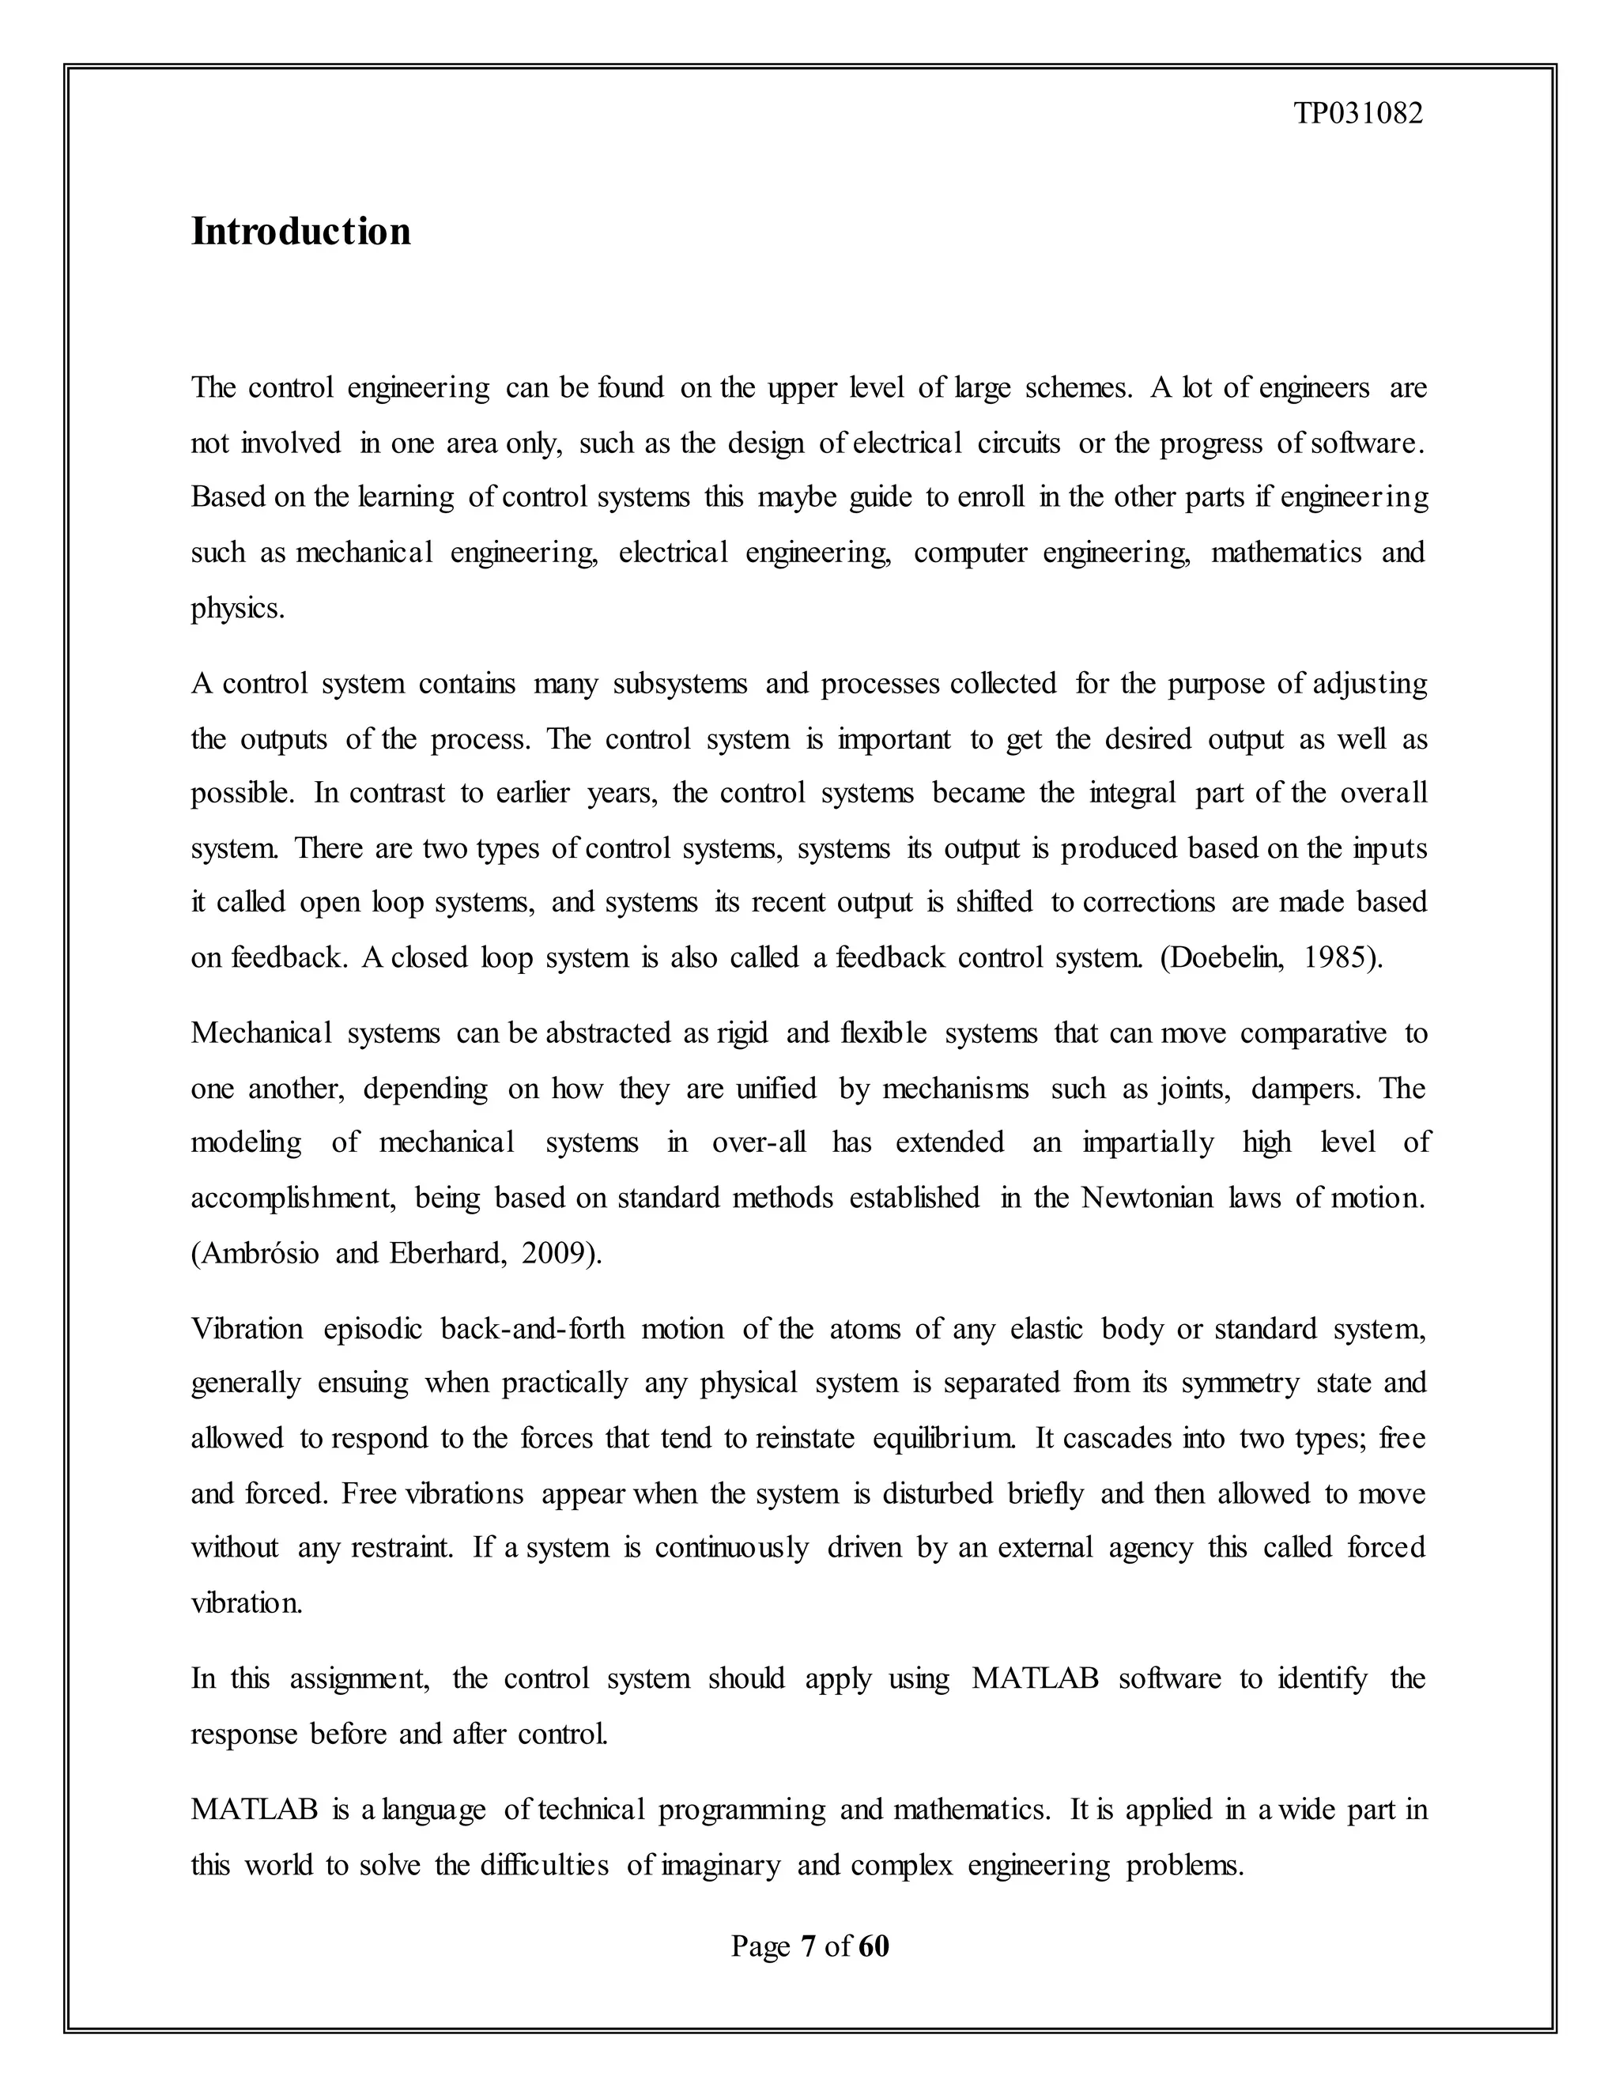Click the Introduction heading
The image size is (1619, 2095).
(x=300, y=231)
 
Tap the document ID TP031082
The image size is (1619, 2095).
(x=1358, y=114)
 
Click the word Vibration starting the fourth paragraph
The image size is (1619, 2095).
(x=247, y=1329)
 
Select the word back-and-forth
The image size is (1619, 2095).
(x=532, y=1329)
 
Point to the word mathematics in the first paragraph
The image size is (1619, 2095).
(x=1285, y=553)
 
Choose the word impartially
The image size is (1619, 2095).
(x=1148, y=1142)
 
